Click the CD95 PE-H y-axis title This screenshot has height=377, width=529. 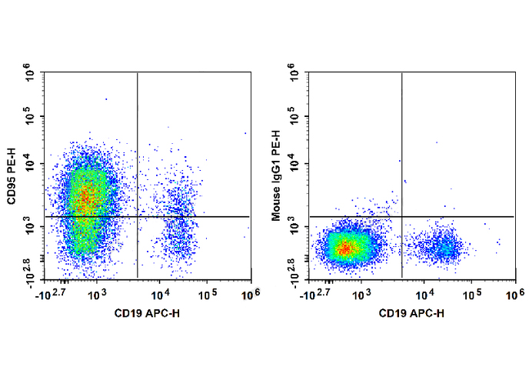13,175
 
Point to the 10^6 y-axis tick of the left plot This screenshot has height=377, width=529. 32,75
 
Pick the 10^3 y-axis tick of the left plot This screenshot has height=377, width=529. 32,227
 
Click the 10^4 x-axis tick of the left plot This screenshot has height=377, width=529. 160,293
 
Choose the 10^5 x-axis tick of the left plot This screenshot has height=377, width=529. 208,293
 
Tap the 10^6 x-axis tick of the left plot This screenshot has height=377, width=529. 251,293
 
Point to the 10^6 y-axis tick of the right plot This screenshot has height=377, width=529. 295,75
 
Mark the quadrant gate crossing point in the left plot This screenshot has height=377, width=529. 138,216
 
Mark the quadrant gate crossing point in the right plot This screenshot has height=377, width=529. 401,216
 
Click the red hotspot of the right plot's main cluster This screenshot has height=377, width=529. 346,248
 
